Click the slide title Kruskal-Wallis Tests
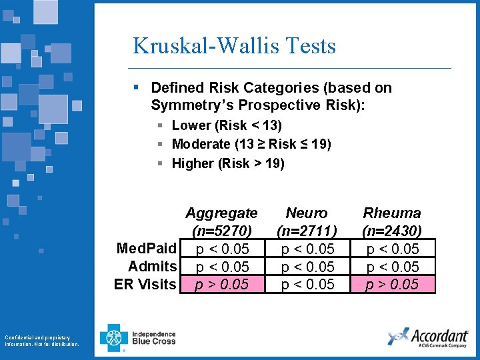(234, 46)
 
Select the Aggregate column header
(221, 213)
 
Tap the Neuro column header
(307, 213)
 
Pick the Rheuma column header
(392, 213)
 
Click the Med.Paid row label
(147, 249)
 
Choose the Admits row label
(153, 267)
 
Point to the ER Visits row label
(146, 285)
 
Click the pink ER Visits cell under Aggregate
(221, 285)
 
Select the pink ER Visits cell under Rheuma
(392, 285)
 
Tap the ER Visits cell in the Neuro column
(307, 285)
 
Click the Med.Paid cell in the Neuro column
(307, 249)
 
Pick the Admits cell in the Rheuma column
(392, 267)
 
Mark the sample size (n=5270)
(221, 231)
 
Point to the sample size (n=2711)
(307, 231)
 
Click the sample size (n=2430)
(392, 231)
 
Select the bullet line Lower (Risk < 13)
(227, 125)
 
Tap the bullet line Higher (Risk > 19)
(228, 163)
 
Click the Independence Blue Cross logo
(138, 337)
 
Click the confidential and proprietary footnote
(41, 340)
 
